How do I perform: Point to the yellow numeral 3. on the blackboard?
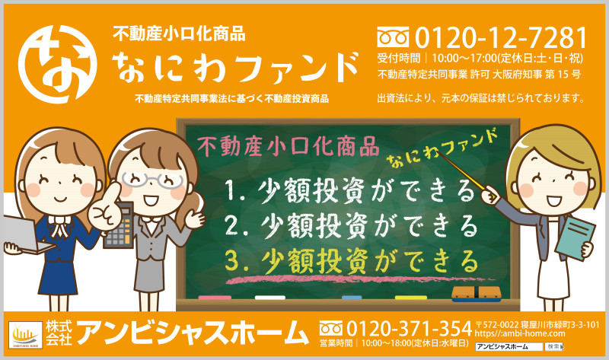pyautogui.click(x=236, y=261)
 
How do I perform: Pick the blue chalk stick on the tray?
pyautogui.click(x=352, y=298)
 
